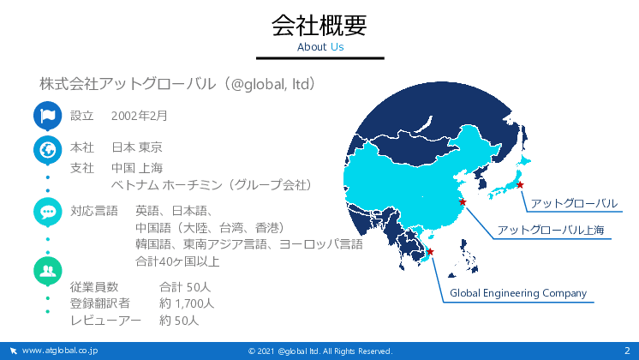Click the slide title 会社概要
[319, 26]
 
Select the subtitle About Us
[319, 47]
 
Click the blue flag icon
[47, 115]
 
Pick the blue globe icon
[47, 149]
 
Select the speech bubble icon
[47, 211]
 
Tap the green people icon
[47, 271]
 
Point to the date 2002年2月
[140, 116]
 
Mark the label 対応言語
[93, 210]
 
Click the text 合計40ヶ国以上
[177, 261]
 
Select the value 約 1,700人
[187, 303]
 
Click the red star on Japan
[520, 185]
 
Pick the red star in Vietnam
[430, 251]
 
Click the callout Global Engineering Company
[518, 293]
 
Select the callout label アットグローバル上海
[551, 230]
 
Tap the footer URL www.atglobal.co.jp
[60, 351]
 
